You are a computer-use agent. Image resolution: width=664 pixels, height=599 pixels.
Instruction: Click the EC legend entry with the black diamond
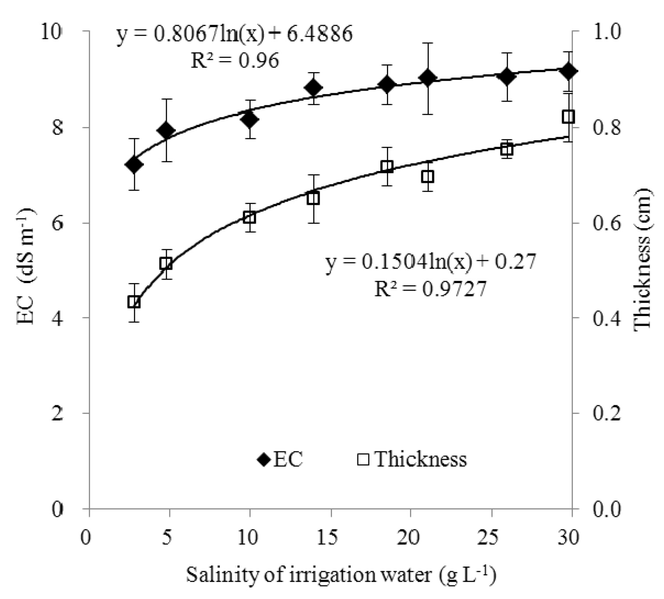click(x=280, y=460)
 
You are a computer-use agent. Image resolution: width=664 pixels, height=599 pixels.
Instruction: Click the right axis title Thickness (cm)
click(x=642, y=258)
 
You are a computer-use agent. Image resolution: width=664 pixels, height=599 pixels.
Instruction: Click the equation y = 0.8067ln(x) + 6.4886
click(x=234, y=34)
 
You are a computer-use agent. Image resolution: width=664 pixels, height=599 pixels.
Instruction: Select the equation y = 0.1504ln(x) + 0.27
click(x=431, y=262)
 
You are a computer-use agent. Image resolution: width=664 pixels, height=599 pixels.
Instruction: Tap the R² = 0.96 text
click(x=234, y=61)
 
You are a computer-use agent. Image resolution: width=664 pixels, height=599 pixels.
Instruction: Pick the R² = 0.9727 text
click(x=431, y=289)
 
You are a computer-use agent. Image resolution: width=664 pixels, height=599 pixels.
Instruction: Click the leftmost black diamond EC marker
click(x=134, y=165)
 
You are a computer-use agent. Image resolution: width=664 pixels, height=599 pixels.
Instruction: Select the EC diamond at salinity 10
click(x=250, y=120)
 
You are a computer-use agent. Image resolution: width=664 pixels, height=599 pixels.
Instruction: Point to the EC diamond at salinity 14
click(x=314, y=88)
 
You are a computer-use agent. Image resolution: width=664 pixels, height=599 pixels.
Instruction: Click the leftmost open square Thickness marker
click(x=134, y=302)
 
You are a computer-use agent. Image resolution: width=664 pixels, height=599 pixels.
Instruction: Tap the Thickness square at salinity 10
click(x=250, y=218)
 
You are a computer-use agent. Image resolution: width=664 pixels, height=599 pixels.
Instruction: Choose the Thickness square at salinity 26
click(x=507, y=149)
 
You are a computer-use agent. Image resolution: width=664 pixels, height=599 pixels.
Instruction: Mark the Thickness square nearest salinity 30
click(x=568, y=117)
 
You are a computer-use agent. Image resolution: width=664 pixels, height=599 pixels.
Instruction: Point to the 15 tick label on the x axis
click(x=330, y=538)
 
